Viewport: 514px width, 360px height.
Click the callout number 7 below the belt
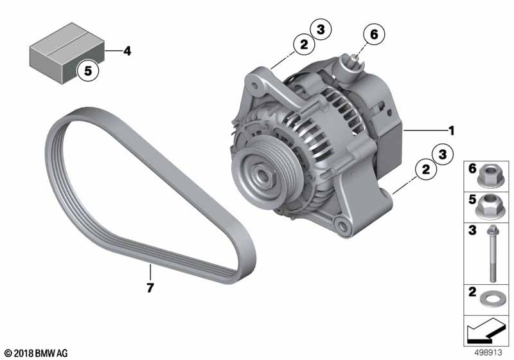pos(150,288)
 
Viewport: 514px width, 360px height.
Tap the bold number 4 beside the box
pos(127,51)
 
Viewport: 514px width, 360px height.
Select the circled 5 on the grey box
pos(88,71)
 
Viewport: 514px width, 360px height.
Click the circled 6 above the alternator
pos(374,34)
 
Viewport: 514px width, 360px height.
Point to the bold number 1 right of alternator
pos(452,130)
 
